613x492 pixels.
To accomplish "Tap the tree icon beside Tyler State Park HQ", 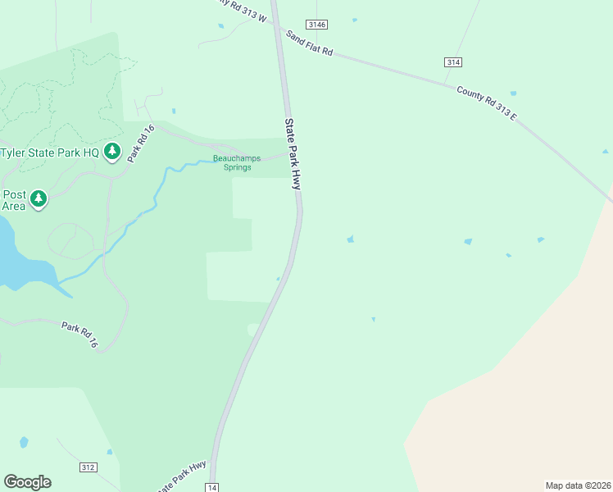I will coord(112,152).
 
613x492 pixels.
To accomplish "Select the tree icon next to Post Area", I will coord(38,199).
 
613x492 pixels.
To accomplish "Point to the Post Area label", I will coord(14,200).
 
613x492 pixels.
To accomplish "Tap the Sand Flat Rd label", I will coord(310,44).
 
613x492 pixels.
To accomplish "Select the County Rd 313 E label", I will coord(487,104).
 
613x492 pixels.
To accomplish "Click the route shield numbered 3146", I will coord(316,25).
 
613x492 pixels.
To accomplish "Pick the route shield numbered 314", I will coord(453,62).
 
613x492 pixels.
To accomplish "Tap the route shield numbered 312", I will coord(89,467).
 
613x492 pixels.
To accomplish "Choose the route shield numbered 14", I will coord(212,487).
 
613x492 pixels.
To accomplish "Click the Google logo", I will coord(27,482).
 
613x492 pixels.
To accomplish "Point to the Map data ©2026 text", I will coord(578,485).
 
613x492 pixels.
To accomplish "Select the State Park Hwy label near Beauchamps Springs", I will coord(293,153).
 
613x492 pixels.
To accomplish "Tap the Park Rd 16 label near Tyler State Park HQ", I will coord(140,142).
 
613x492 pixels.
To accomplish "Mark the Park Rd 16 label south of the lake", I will coord(79,335).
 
